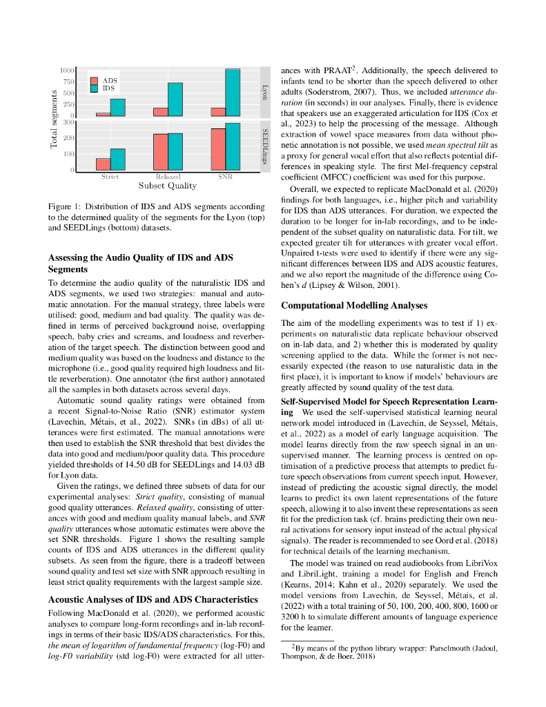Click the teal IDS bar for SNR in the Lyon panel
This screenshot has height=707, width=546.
(233, 93)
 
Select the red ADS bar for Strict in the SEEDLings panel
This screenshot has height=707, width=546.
(103, 164)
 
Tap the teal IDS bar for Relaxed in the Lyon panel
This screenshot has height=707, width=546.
(175, 99)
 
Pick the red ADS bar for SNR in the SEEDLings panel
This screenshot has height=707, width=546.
(218, 149)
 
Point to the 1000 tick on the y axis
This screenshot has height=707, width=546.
(67, 70)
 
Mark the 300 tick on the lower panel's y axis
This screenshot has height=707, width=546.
(69, 122)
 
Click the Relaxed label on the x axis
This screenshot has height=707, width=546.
(168, 177)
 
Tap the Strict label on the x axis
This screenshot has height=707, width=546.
(110, 177)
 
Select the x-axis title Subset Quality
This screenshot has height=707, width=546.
(168, 186)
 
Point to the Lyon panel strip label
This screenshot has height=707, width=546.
(264, 93)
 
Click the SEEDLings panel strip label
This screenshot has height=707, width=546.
(264, 146)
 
